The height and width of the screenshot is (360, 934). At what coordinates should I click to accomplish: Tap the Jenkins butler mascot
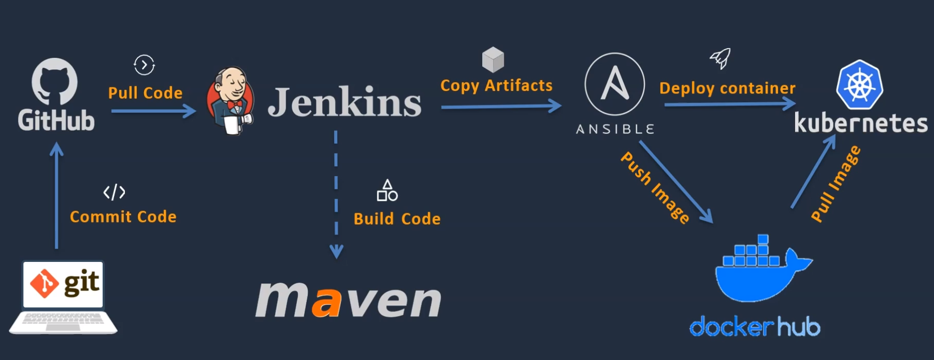230,100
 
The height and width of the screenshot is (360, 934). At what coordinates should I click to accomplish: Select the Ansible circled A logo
614,84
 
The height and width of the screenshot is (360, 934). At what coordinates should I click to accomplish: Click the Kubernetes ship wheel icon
859,85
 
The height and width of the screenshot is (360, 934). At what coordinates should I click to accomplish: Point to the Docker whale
759,271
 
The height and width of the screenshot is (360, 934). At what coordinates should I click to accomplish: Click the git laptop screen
64,284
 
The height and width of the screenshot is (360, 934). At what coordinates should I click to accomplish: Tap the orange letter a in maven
327,302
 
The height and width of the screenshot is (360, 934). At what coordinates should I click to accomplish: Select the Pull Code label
145,93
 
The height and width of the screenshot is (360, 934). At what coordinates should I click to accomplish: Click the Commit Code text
123,216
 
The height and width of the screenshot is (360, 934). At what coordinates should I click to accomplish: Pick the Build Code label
397,219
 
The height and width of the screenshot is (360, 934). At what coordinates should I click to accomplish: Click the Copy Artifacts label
496,86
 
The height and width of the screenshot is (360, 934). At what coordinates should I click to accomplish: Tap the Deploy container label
727,88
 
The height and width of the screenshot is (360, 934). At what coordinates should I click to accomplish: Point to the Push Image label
655,187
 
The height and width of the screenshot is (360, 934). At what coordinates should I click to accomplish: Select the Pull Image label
835,184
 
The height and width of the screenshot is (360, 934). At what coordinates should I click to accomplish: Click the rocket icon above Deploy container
721,58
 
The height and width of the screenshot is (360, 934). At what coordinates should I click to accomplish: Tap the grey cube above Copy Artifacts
493,59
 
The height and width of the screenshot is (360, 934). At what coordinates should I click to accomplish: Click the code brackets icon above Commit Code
114,192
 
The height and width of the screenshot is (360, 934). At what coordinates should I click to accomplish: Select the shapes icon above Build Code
387,191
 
